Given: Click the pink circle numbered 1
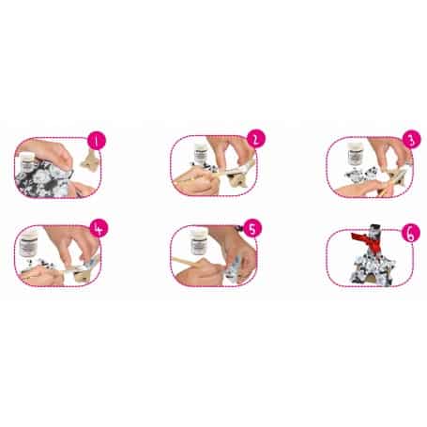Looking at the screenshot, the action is (97, 141).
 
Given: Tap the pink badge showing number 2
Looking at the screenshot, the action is (256, 139).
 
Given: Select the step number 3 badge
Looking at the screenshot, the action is (412, 140).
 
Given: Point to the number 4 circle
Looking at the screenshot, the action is (99, 228).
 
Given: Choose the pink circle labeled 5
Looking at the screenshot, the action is (252, 228).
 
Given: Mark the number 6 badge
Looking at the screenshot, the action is (411, 234).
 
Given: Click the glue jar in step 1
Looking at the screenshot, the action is (26, 161).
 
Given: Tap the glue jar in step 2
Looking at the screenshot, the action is (200, 153).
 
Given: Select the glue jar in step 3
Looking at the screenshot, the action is (356, 154).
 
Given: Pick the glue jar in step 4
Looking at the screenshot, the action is (29, 243).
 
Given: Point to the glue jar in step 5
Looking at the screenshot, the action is (198, 241).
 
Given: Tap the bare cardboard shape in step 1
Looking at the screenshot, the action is (90, 160).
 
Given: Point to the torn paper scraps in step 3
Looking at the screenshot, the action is (358, 175).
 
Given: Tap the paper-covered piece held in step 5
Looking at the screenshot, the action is (234, 269).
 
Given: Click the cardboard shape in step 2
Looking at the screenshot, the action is (236, 179).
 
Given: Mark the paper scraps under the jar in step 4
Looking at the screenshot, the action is (40, 265).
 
